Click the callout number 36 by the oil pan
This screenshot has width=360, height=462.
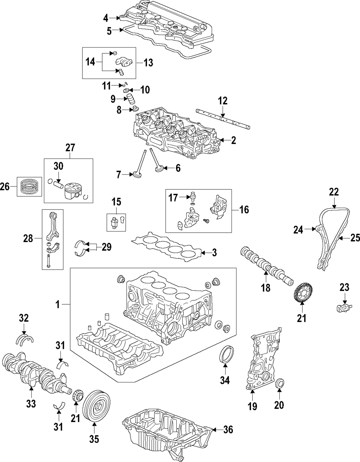pyautogui.click(x=228, y=430)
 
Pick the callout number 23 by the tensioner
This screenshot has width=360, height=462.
pyautogui.click(x=344, y=287)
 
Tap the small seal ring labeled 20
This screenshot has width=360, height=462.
pyautogui.click(x=279, y=384)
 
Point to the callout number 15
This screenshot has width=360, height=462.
pyautogui.click(x=116, y=202)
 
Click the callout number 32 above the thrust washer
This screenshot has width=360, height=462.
pyautogui.click(x=24, y=318)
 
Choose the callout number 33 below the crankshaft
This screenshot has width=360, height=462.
pyautogui.click(x=31, y=404)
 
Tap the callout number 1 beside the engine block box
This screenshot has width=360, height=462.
pyautogui.click(x=57, y=305)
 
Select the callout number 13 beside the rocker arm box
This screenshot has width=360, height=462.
pyautogui.click(x=148, y=63)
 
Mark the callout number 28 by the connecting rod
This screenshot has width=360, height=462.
pyautogui.click(x=28, y=238)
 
